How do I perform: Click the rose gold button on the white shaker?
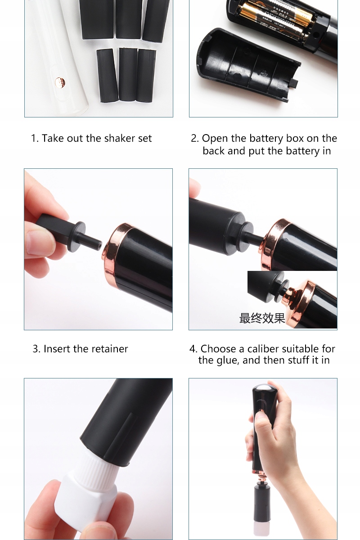coord(59,82)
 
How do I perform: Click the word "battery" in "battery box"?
coord(266,139)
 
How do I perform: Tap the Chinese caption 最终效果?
coord(262,318)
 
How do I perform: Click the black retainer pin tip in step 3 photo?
coord(99,245)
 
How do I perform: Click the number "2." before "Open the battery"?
coord(195,139)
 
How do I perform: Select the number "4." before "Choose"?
coord(193,349)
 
